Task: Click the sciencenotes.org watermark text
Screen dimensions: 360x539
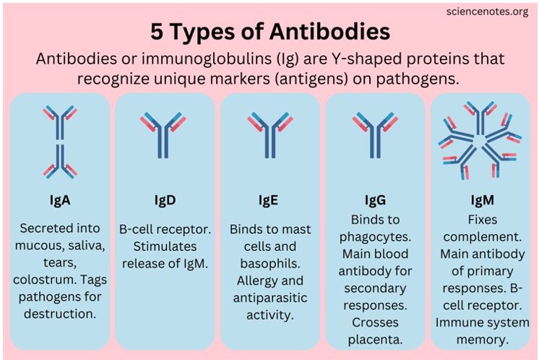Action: point(488,12)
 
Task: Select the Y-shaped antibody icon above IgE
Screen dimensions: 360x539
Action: point(270,134)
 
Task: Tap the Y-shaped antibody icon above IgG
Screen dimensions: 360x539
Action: point(375,134)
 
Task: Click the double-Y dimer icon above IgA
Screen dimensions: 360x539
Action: point(60,141)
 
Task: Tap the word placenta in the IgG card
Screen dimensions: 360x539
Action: point(375,338)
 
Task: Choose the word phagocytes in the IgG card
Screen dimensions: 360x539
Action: point(375,236)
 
